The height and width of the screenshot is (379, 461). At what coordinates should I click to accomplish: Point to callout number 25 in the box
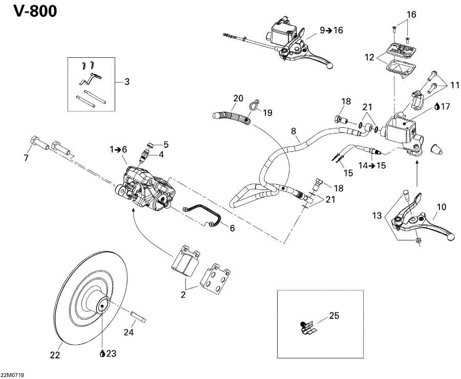click(333, 316)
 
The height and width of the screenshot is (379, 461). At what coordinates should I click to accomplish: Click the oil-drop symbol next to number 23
click(103, 353)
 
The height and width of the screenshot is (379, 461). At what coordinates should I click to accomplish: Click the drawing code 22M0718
click(13, 375)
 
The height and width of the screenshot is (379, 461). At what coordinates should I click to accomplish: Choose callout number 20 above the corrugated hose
click(238, 98)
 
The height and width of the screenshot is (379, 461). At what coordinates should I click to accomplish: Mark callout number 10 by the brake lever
click(441, 207)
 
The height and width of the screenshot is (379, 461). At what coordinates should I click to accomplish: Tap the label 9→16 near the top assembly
click(331, 31)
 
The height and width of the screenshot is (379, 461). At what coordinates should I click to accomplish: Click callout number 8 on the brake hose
click(294, 131)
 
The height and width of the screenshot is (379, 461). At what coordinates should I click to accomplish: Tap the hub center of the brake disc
click(102, 307)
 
